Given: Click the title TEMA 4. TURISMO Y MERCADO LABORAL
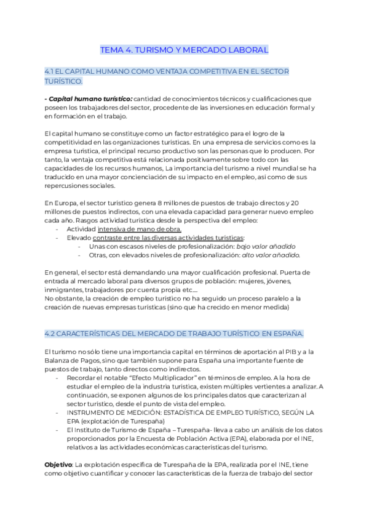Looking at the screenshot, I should point(184,49).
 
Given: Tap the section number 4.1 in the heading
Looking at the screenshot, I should point(51,72).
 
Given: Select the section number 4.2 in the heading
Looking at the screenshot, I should point(52,334).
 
